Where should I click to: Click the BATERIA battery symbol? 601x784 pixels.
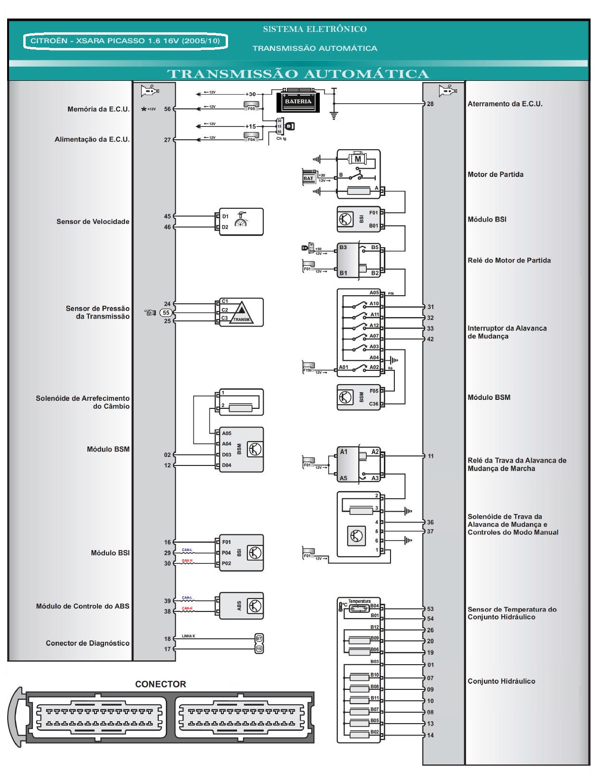(x=298, y=101)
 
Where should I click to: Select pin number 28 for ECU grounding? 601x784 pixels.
(x=430, y=104)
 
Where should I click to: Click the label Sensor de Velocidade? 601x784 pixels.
(x=93, y=222)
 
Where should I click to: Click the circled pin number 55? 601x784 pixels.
(x=166, y=313)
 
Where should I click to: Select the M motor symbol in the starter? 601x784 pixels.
(x=358, y=159)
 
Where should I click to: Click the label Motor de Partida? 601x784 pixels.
(x=496, y=174)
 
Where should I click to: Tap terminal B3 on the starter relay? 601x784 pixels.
(x=343, y=248)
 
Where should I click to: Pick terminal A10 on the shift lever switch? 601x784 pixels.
(x=374, y=304)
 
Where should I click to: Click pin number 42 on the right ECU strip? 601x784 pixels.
(x=430, y=339)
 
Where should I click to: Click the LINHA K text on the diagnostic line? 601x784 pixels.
(x=188, y=636)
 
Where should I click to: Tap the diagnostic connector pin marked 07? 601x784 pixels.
(x=259, y=639)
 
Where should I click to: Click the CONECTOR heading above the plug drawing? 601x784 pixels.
(x=161, y=684)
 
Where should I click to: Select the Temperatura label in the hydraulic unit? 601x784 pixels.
(x=359, y=601)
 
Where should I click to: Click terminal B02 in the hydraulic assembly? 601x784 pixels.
(x=374, y=732)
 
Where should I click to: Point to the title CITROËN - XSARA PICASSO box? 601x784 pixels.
(x=125, y=41)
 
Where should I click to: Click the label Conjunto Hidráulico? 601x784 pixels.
(x=501, y=681)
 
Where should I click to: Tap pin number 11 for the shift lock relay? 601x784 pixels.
(x=430, y=456)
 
